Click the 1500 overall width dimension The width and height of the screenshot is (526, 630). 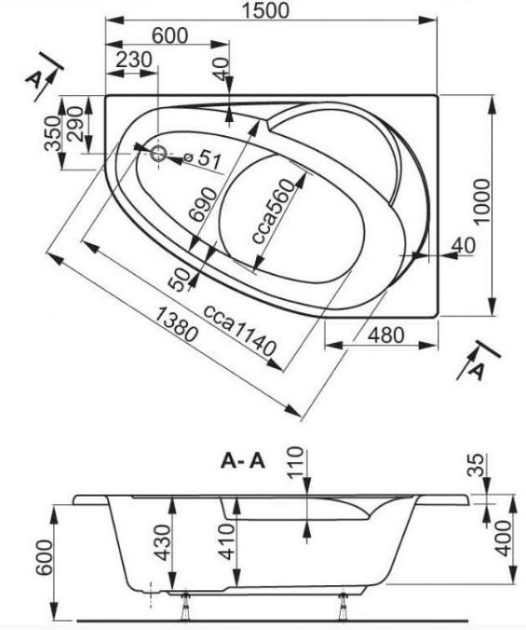coord(265,10)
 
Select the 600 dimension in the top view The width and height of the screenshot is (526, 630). coord(169,35)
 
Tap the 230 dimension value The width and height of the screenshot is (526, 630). coord(134,60)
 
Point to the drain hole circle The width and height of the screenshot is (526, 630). coord(158,154)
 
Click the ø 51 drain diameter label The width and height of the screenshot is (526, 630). coord(203,158)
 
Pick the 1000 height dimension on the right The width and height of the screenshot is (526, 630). coord(481,201)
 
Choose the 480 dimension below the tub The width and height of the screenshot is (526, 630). coord(386,335)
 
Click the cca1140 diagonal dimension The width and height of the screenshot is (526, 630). coord(240,331)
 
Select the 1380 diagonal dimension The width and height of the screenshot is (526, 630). coord(176,324)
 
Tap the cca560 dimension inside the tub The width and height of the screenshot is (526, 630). coord(274,212)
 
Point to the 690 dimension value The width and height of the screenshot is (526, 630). coord(203,205)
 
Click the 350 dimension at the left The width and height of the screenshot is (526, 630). coord(52,133)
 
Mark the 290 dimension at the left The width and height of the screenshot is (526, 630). coord(75,123)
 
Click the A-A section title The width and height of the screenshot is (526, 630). coord(243,461)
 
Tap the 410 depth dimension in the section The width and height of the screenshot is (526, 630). coord(227,541)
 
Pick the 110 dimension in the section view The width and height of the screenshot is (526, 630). coord(296,461)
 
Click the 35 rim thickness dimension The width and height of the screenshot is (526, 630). coord(477,465)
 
